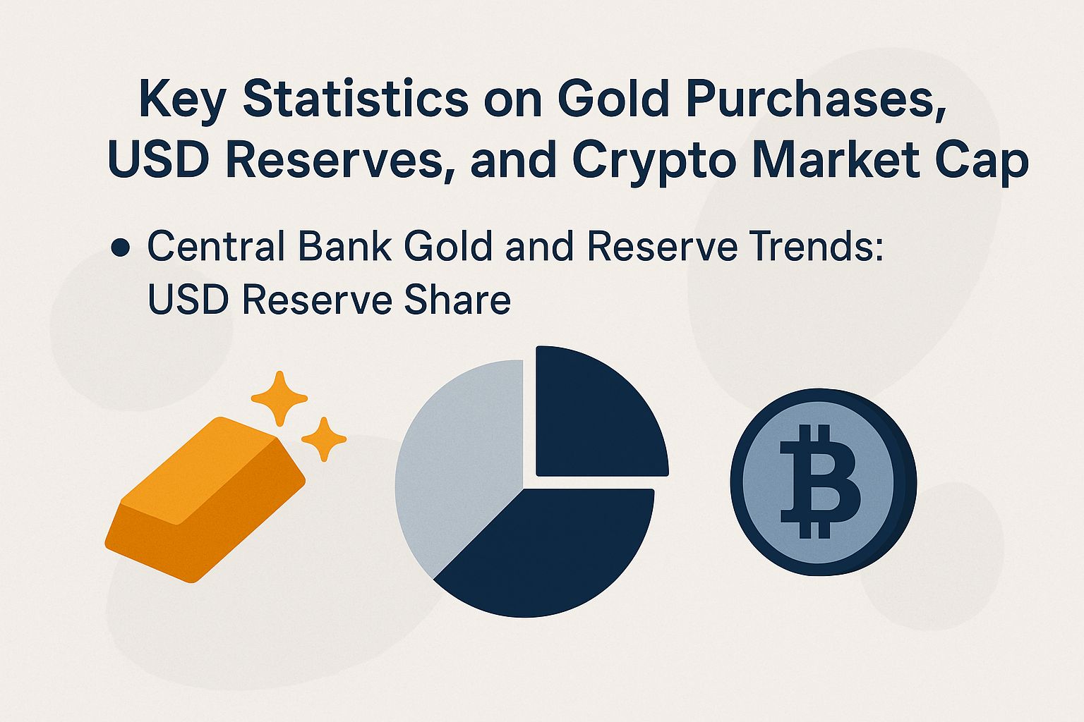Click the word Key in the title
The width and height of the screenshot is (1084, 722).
coord(183,99)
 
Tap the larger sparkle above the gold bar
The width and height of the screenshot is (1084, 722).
coord(279,398)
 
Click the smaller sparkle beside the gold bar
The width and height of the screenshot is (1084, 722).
coord(324,439)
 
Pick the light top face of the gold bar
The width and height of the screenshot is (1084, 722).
coord(205,465)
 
